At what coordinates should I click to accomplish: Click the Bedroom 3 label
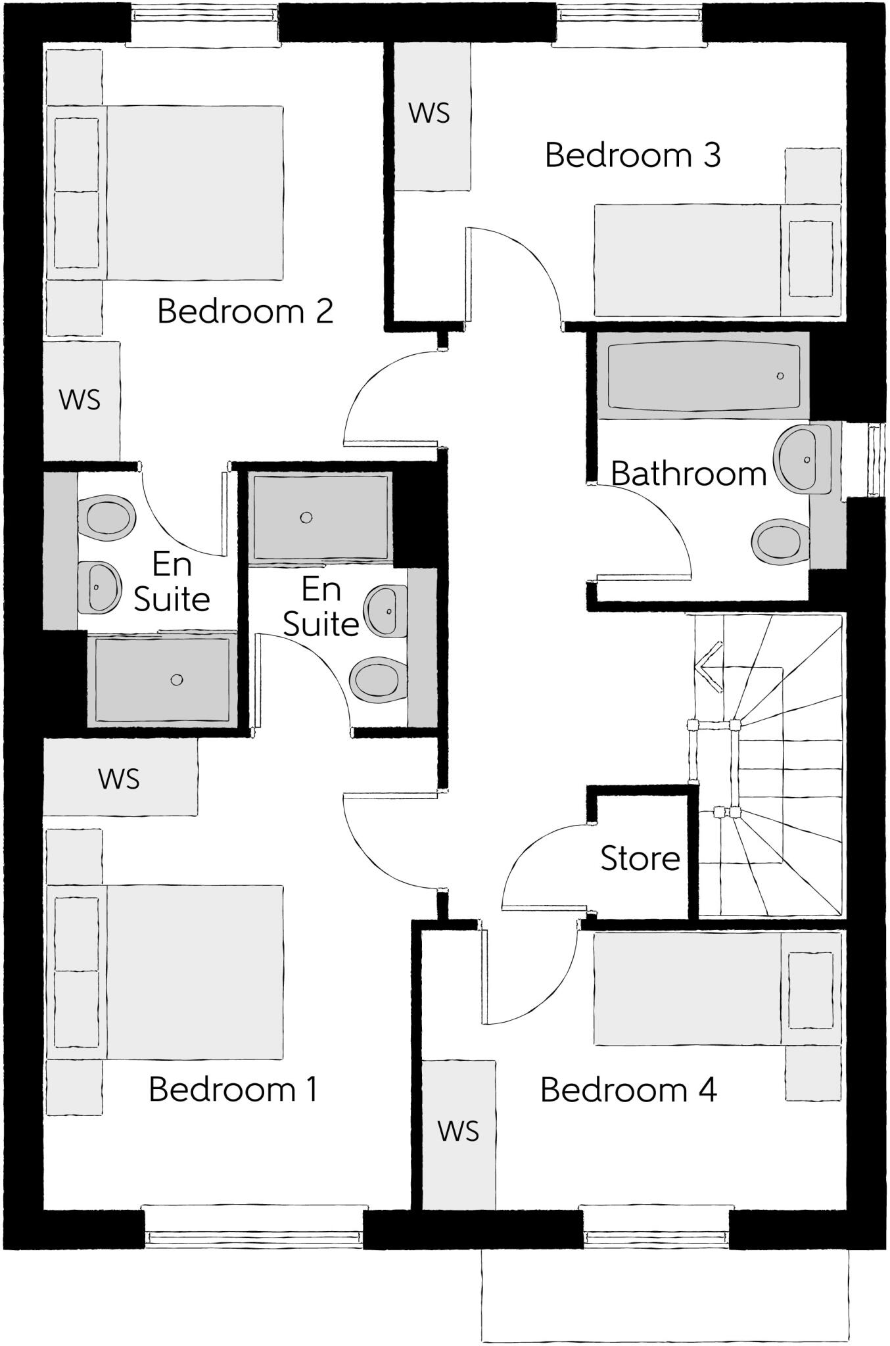[x=632, y=156]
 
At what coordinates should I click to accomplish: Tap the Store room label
[x=640, y=858]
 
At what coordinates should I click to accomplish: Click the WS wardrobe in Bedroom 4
[x=458, y=1131]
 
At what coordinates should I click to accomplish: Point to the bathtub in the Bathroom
[x=703, y=376]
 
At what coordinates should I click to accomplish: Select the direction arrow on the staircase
[x=709, y=666]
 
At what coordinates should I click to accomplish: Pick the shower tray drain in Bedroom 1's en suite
[x=306, y=518]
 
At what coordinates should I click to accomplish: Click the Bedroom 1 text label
[x=233, y=1090]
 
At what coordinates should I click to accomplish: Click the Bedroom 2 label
[x=245, y=311]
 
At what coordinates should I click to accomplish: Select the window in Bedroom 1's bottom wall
[x=254, y=1228]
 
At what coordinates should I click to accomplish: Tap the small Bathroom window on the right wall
[x=874, y=460]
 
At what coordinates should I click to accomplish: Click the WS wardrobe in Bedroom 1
[x=120, y=778]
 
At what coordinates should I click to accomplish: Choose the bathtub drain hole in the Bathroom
[x=780, y=376]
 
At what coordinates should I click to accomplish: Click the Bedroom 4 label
[x=628, y=1090]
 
